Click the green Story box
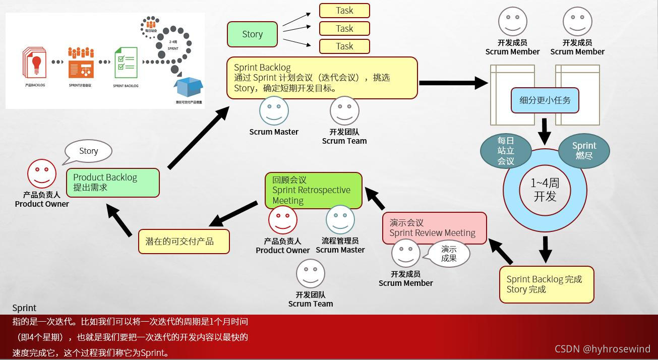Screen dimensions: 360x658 (252, 34)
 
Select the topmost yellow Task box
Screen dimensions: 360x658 (344, 11)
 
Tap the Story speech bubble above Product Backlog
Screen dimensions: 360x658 (88, 151)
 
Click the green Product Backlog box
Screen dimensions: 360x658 (113, 183)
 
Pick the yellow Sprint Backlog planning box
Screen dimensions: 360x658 (322, 78)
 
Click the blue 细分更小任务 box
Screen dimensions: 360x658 (545, 100)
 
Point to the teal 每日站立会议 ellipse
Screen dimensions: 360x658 (505, 150)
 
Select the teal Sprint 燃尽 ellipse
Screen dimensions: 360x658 (584, 150)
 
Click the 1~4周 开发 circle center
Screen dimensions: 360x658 (545, 190)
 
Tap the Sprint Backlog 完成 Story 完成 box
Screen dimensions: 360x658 (547, 284)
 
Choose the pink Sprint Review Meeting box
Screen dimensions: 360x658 (434, 228)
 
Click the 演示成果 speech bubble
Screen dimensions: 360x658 (449, 254)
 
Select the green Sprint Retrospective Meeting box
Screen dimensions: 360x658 (313, 190)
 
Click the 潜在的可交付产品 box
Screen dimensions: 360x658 (184, 242)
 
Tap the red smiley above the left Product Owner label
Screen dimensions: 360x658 (42, 173)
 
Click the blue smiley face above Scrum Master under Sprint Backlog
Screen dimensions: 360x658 (274, 111)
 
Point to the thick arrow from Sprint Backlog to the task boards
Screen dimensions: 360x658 (453, 83)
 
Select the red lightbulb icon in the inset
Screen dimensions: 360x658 (36, 64)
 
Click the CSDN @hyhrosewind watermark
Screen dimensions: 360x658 (603, 349)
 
